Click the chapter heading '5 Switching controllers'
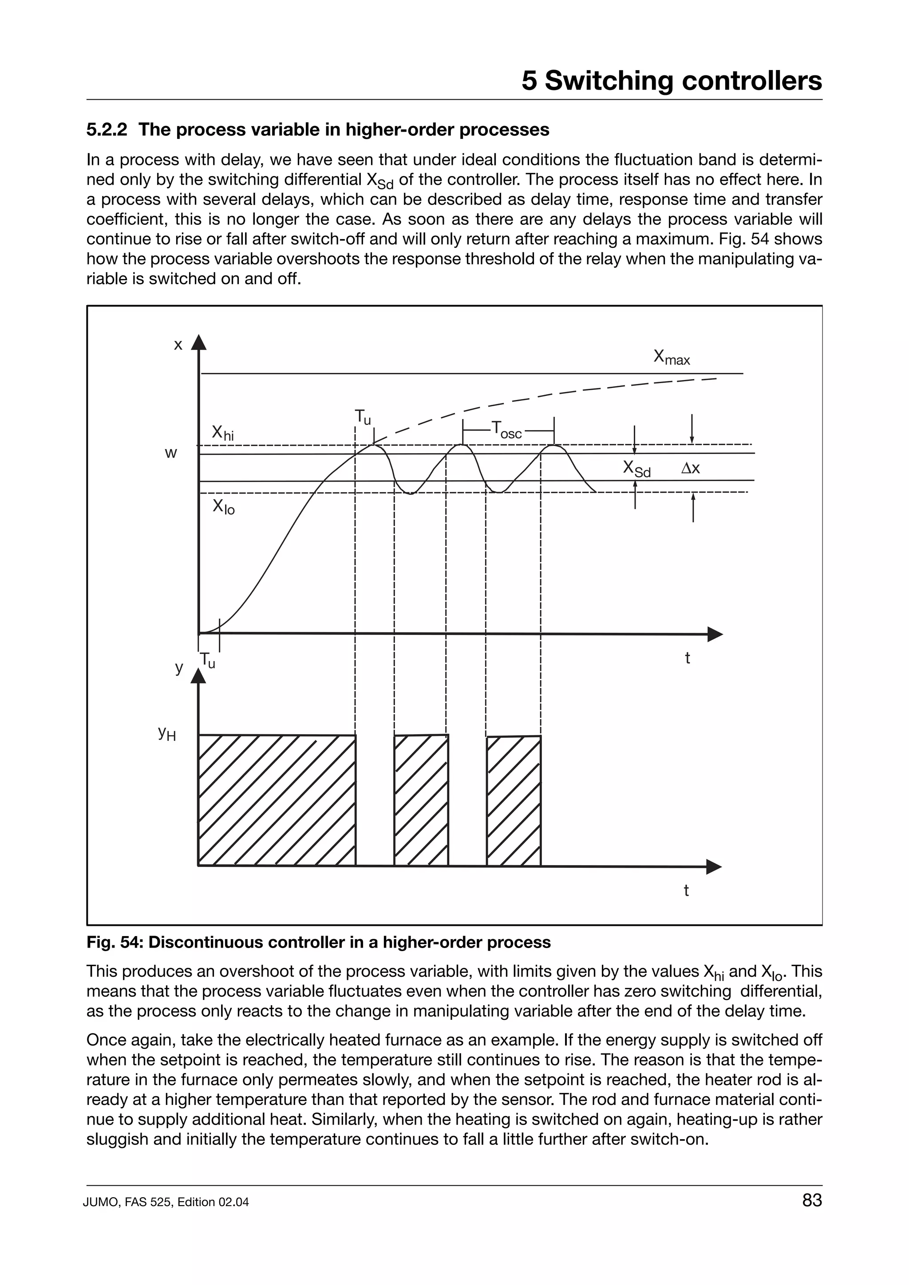pos(672,81)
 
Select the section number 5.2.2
pos(107,130)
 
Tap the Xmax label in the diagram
pos(672,357)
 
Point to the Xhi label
pos(222,433)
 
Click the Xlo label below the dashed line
pos(223,507)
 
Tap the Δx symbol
pos(690,468)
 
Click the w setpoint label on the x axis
pos(171,453)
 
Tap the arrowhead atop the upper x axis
pos(199,342)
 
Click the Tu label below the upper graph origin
pos(207,660)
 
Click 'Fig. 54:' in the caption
pos(115,943)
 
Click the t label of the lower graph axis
pos(686,890)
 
